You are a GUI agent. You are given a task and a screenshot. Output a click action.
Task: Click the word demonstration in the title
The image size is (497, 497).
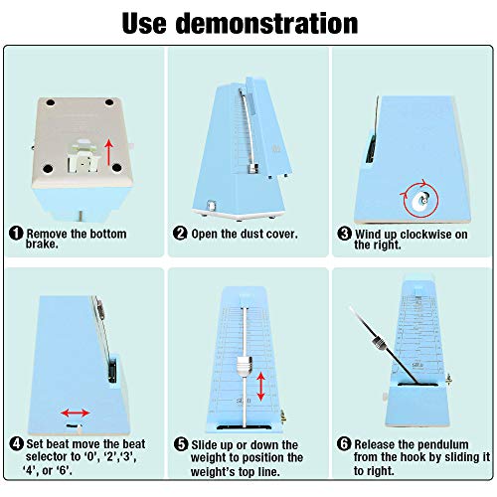pos(266,23)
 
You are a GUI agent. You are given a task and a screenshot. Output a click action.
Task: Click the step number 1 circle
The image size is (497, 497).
pos(16,234)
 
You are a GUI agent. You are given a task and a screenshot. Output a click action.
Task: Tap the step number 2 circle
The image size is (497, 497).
pos(180,233)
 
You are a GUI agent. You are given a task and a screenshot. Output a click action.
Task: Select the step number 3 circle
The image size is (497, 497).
pos(344,234)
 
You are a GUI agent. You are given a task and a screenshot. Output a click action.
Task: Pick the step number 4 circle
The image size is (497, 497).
pos(16,443)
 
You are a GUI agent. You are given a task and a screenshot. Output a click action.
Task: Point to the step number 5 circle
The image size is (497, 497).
pos(181,444)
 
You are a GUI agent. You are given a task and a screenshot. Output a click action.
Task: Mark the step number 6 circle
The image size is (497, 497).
pos(344,443)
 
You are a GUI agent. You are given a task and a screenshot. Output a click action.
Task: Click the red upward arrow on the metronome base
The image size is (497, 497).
pos(108,152)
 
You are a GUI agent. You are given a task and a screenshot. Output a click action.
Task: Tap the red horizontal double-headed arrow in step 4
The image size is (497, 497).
pos(76,413)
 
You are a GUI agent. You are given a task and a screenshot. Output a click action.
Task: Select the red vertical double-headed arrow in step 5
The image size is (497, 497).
pos(261,387)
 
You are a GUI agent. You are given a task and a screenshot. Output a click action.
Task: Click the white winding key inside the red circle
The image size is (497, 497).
pos(419,200)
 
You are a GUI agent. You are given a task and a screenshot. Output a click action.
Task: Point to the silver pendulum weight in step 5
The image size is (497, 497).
pos(245,367)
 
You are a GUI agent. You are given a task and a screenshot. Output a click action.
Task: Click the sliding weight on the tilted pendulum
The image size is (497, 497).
pos(379,342)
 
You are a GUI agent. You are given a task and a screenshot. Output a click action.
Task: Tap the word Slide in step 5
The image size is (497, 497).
pos(204,445)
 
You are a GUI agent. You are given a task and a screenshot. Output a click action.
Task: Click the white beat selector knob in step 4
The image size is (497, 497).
pos(80,429)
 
